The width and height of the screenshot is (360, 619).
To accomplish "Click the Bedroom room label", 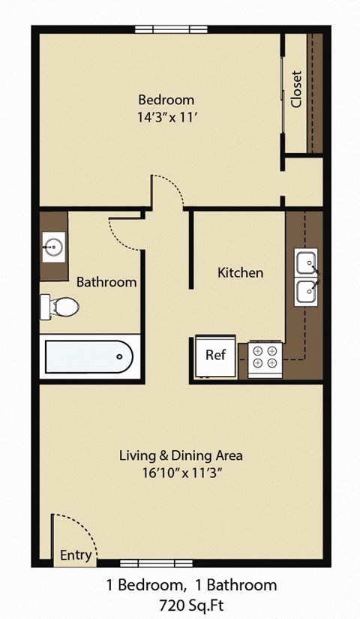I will pos(166,100).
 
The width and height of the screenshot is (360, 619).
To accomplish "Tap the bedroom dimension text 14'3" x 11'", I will pos(166,117).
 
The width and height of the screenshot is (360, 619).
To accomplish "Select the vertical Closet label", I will pos(296,89).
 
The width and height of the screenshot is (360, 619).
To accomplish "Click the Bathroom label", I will pos(106,282).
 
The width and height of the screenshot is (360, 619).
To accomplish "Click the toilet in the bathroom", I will pos(60,306).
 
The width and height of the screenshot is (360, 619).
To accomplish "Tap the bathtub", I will pos(89,356).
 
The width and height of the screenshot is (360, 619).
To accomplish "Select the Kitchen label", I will pos(240,272).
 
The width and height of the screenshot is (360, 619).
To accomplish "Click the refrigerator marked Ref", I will pos(216,355).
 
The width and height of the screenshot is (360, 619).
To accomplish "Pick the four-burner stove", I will pos(265,356).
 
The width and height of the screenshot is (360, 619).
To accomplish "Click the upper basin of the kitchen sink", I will pos(306,263).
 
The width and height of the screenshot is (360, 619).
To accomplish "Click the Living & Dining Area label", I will pos(181,455).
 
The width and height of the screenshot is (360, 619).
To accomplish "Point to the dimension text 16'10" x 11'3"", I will pos(181,473).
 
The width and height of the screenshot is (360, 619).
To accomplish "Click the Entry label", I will pos(76,556).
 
